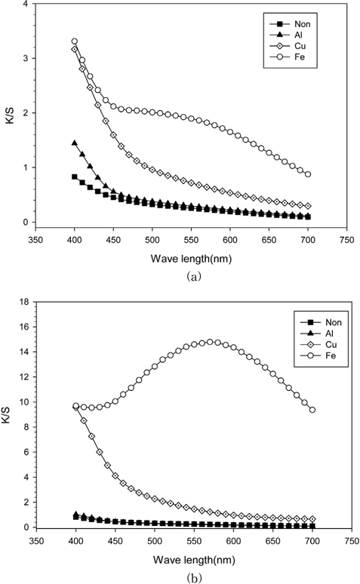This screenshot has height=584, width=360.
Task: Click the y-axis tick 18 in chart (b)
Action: (24, 302)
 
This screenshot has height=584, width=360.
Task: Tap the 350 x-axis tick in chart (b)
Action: (36, 540)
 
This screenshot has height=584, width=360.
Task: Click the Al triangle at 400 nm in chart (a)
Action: (75, 143)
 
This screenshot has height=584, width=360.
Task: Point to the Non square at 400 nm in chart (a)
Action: (75, 177)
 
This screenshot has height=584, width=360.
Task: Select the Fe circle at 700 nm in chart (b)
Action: (312, 410)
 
